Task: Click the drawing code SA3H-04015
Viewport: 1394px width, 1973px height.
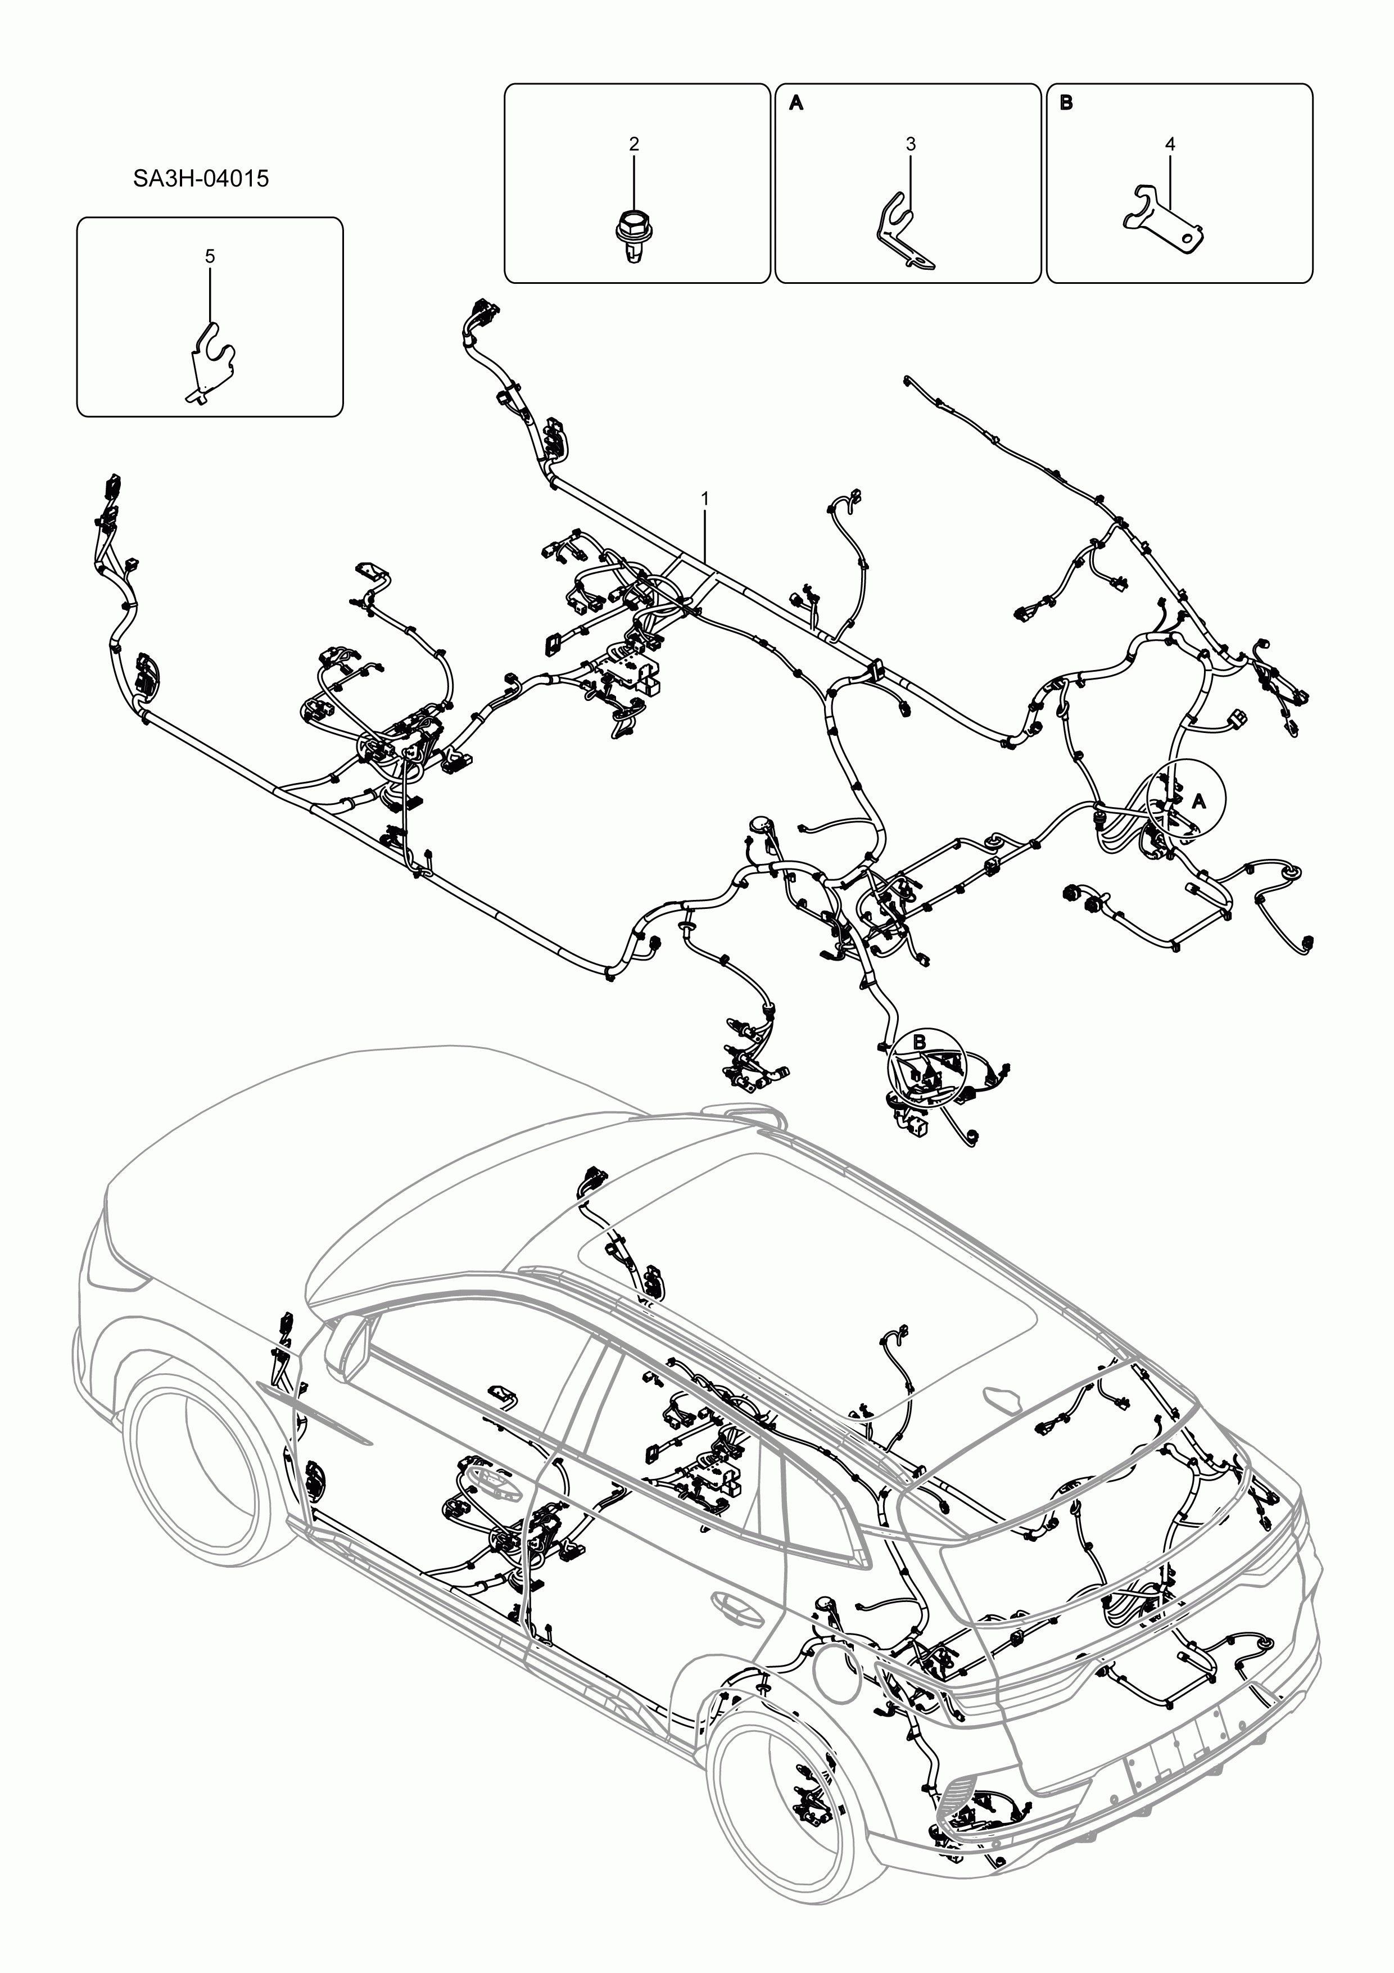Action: (200, 179)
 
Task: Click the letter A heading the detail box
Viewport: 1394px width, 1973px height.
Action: (796, 103)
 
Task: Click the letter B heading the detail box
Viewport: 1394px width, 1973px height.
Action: (1066, 103)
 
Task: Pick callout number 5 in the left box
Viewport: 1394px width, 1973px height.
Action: (210, 256)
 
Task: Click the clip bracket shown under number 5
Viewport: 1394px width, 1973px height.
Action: (211, 361)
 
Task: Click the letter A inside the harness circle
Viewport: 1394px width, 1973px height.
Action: (1200, 801)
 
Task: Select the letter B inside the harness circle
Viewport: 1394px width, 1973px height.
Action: (918, 1042)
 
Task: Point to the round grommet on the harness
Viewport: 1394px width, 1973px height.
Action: (758, 824)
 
